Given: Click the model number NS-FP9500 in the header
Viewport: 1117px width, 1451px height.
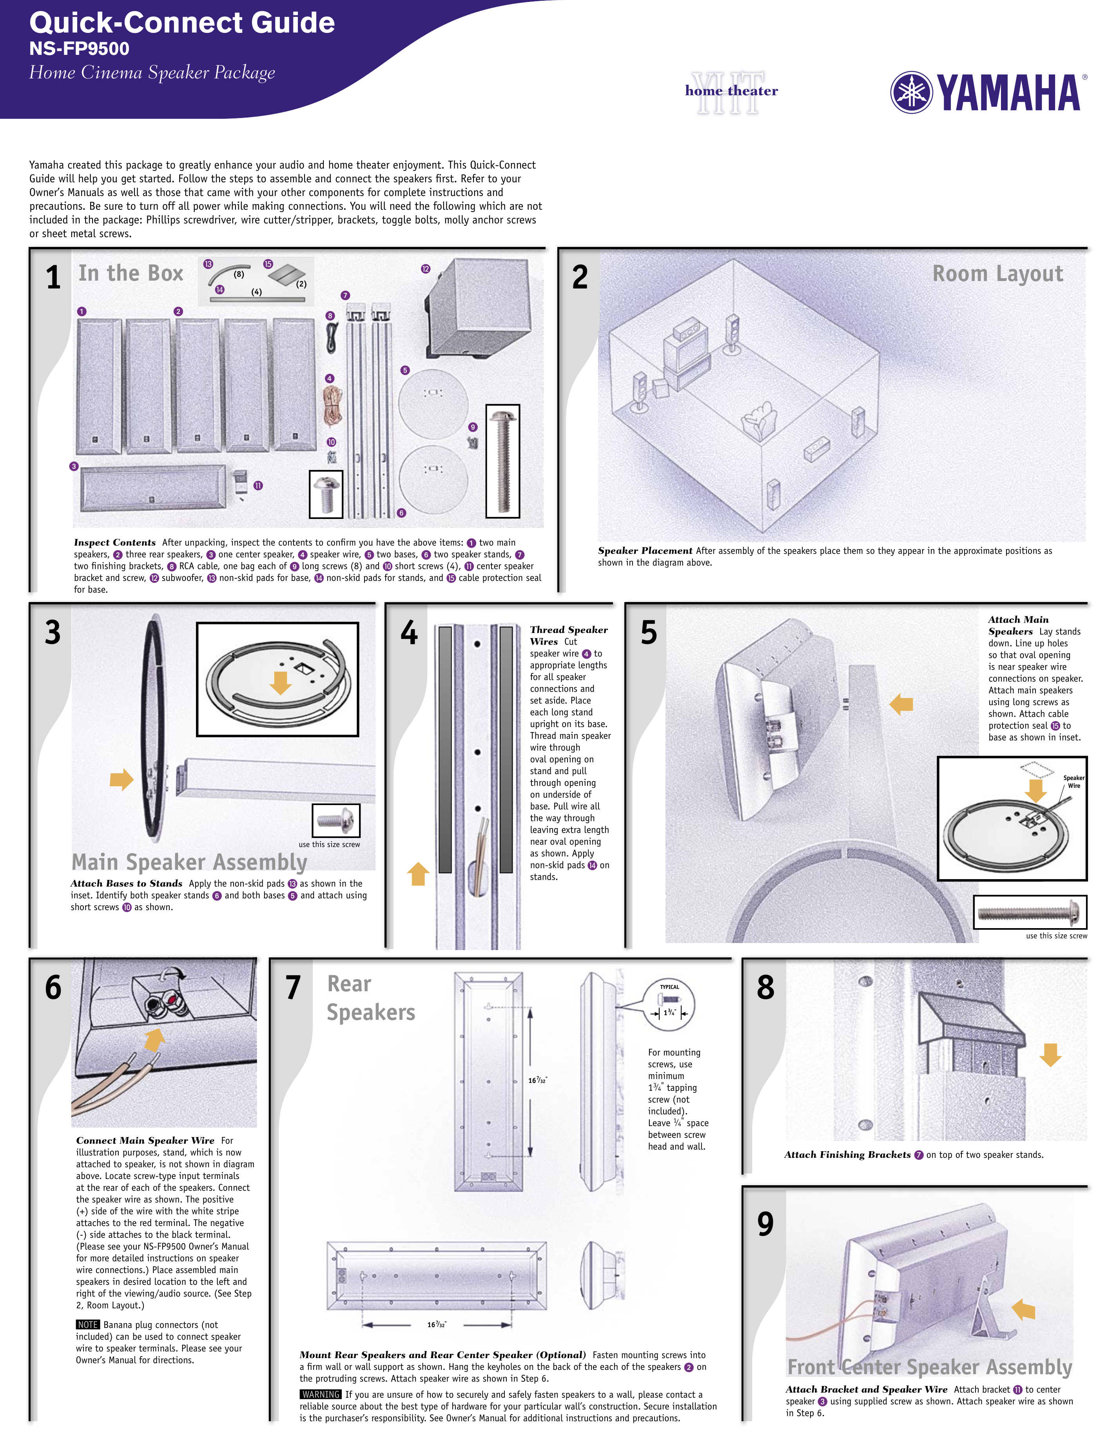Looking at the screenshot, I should (x=79, y=49).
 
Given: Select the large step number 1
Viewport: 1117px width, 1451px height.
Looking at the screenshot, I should (x=53, y=277).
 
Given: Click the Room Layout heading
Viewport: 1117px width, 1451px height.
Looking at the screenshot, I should (x=997, y=274).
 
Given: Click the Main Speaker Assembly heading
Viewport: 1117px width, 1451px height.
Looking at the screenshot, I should (x=189, y=862).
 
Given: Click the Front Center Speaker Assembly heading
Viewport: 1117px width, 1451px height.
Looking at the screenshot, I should (x=929, y=1367).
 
